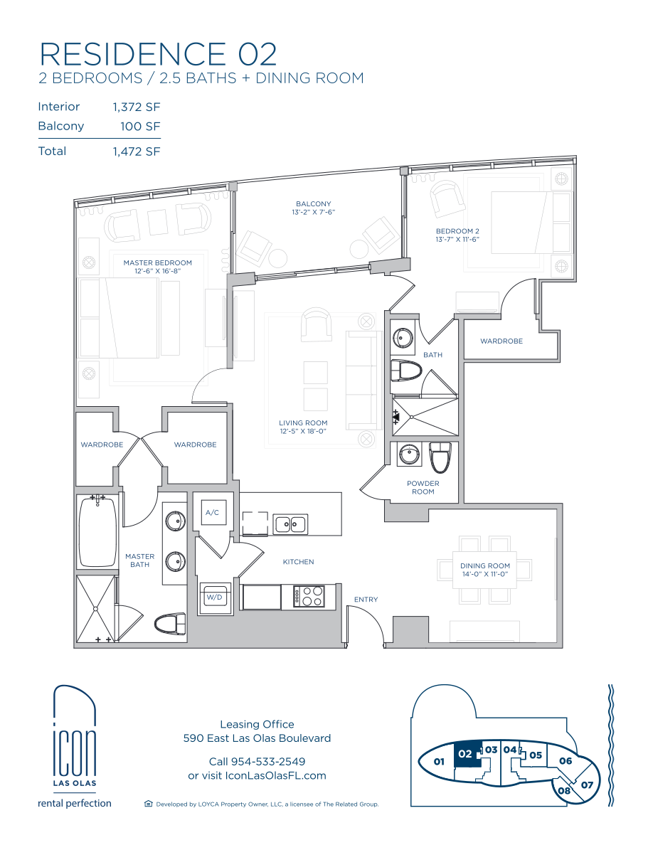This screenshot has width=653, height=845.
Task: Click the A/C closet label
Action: tap(212, 513)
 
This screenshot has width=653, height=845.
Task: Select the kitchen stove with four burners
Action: tap(309, 596)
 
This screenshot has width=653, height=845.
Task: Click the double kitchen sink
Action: tap(290, 524)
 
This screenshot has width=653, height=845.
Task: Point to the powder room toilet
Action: tap(440, 457)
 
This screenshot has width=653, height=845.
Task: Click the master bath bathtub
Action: tap(97, 531)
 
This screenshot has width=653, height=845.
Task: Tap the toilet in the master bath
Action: tap(170, 624)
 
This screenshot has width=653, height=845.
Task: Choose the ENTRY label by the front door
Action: tap(366, 600)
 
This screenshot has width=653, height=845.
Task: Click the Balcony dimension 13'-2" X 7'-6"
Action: tap(314, 213)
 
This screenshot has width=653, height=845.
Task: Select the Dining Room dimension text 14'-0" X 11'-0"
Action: tap(485, 574)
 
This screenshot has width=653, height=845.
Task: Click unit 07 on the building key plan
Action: tap(587, 785)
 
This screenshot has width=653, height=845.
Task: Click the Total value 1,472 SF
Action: tap(137, 152)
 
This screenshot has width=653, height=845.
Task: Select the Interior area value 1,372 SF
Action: tap(137, 107)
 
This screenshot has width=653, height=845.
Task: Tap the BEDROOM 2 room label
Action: tap(457, 231)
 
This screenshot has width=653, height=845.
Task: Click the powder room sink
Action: tap(410, 455)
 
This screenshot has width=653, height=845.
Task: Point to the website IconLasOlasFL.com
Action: tap(275, 775)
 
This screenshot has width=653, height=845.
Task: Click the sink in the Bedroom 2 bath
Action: tap(403, 339)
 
